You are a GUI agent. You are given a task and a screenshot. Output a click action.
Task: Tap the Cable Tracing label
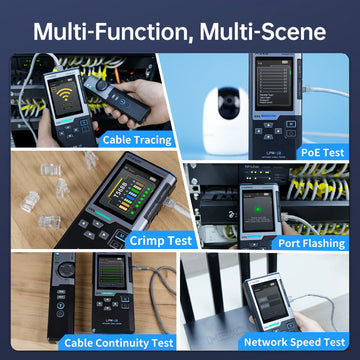click(x=137, y=140)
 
